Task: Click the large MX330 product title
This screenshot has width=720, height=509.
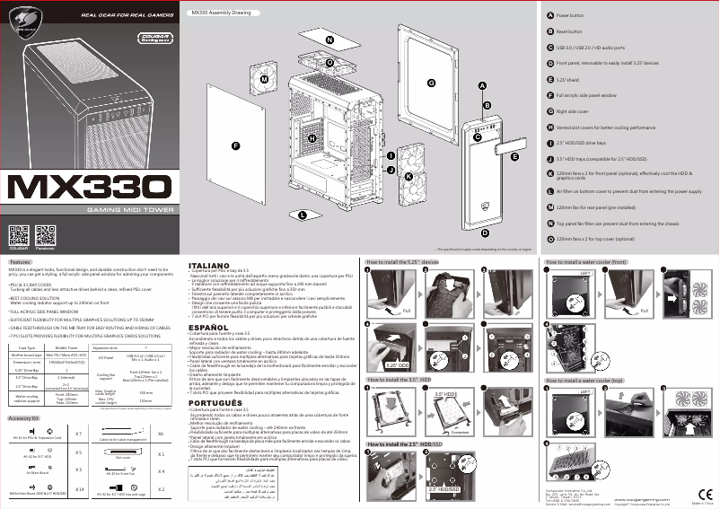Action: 89,188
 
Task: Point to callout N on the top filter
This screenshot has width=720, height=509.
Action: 329,41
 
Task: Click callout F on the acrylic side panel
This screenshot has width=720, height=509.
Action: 237,145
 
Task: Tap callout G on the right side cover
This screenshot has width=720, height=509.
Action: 431,83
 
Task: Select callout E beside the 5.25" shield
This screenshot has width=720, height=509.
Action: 514,156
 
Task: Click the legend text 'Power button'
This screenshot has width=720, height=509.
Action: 570,16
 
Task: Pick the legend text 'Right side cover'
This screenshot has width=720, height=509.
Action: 575,111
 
